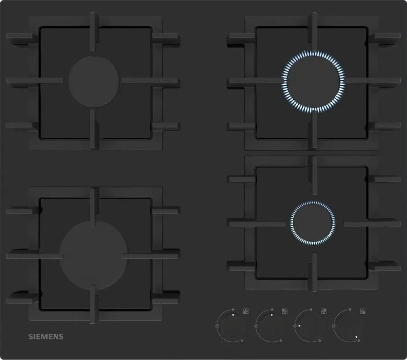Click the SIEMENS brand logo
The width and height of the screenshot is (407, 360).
(46, 336)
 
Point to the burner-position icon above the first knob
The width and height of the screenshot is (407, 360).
(246, 311)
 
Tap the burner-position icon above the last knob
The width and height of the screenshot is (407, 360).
(363, 311)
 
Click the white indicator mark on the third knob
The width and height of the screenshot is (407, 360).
(299, 326)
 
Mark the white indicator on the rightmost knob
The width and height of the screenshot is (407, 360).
(357, 337)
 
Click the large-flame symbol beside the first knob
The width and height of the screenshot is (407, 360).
(217, 326)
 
